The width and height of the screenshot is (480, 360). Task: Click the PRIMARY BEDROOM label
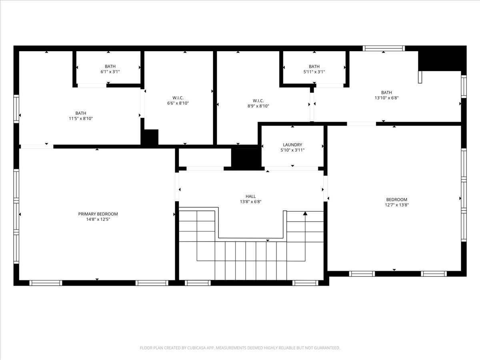point(98,214)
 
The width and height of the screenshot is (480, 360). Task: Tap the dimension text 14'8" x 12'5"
point(98,219)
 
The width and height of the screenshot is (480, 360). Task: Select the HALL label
point(251,196)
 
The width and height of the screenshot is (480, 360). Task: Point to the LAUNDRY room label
point(292,145)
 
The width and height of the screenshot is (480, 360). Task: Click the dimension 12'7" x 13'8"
point(396,205)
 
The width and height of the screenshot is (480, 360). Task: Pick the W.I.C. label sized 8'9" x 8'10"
point(258,100)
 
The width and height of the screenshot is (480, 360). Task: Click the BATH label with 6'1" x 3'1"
point(110,66)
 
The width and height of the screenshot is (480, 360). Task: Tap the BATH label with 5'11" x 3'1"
point(314,66)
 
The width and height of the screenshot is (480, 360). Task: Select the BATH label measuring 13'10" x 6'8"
point(386,92)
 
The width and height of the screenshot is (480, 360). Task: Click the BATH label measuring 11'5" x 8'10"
point(80,113)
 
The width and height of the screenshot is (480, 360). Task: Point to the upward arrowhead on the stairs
point(305,214)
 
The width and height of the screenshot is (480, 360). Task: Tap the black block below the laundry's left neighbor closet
point(246,158)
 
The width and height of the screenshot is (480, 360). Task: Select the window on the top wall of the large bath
point(384,48)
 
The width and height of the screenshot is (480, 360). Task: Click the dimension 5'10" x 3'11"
point(292,150)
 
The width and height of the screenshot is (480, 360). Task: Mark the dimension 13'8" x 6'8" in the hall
point(251,202)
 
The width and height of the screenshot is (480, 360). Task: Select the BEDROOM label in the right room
point(396,200)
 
